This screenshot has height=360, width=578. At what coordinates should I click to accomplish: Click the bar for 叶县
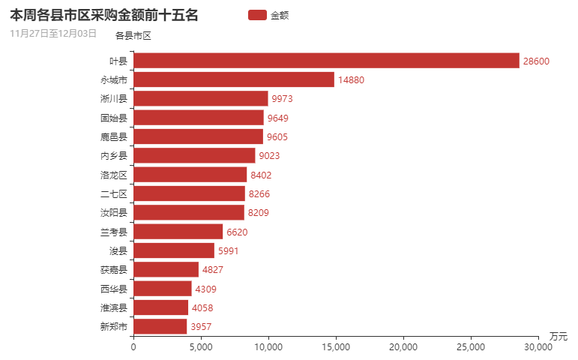(326, 61)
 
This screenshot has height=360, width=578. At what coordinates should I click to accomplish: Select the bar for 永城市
(234, 79)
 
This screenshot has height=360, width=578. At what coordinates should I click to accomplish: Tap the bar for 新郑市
(160, 326)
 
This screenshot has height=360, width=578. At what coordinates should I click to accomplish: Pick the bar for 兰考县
(178, 232)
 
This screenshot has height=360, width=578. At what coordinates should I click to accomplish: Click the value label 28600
(537, 61)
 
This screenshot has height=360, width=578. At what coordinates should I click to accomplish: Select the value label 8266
(259, 193)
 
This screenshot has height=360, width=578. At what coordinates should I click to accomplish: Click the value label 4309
(206, 289)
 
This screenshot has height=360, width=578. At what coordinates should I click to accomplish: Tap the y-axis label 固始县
(114, 118)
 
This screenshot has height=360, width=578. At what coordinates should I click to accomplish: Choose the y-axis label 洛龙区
(114, 175)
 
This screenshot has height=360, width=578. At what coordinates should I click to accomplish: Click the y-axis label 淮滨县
(114, 307)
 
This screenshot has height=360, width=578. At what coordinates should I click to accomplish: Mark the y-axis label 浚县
(118, 250)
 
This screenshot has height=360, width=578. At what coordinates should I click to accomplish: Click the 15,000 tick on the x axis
(336, 346)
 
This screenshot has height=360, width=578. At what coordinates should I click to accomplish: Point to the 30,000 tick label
(538, 346)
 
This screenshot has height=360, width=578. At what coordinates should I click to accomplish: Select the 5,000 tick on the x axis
(201, 346)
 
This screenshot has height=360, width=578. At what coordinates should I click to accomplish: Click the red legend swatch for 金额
(256, 15)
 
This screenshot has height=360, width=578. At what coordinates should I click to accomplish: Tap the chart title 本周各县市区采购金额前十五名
(104, 15)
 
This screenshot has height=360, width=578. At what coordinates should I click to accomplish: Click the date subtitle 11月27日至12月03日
(53, 33)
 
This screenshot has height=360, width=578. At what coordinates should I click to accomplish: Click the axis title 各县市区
(133, 35)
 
